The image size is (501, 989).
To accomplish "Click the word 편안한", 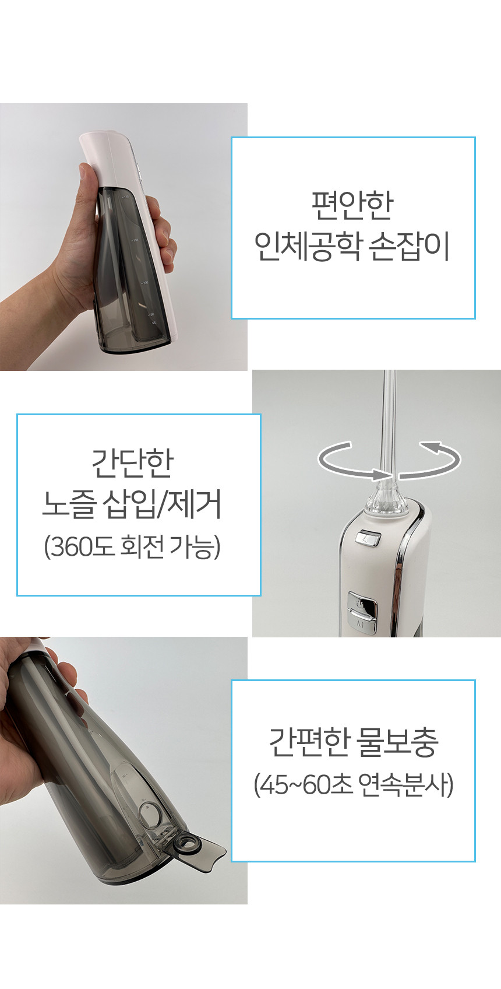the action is point(352,205).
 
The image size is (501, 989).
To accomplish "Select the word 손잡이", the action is point(409,247).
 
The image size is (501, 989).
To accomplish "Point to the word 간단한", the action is point(132,463).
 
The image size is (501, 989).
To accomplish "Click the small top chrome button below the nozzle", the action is point(368,539).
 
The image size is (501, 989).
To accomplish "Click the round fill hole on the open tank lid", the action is point(185,846).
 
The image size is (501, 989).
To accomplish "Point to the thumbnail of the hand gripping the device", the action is point(124,237).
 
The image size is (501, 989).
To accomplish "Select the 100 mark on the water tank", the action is point(144,282).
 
